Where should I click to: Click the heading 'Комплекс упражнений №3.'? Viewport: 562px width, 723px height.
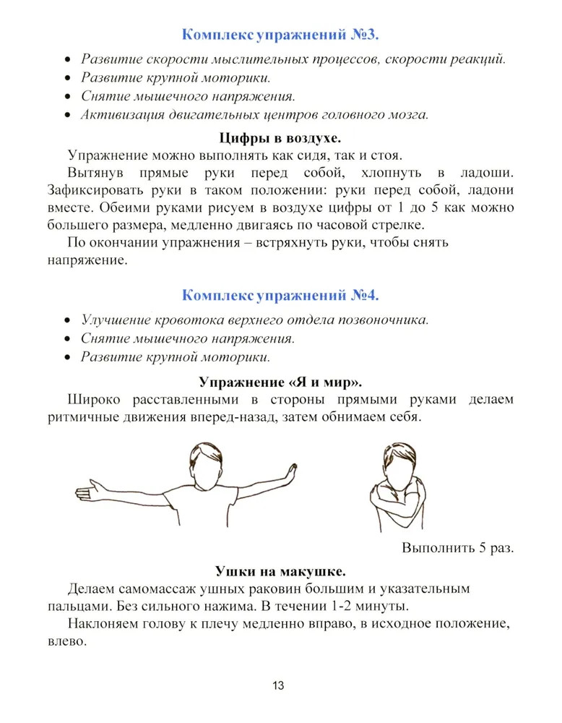point(280,35)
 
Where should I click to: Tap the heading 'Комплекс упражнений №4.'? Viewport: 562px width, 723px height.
point(280,295)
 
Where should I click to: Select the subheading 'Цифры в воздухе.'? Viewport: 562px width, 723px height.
point(280,137)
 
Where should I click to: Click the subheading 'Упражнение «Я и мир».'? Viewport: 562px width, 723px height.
point(280,380)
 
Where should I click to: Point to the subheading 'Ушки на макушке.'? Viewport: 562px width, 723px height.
point(280,571)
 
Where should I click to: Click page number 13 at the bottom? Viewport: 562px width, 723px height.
point(280,686)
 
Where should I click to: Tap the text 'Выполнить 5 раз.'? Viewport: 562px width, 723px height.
point(457,547)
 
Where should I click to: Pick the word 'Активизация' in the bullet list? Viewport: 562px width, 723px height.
point(119,115)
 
